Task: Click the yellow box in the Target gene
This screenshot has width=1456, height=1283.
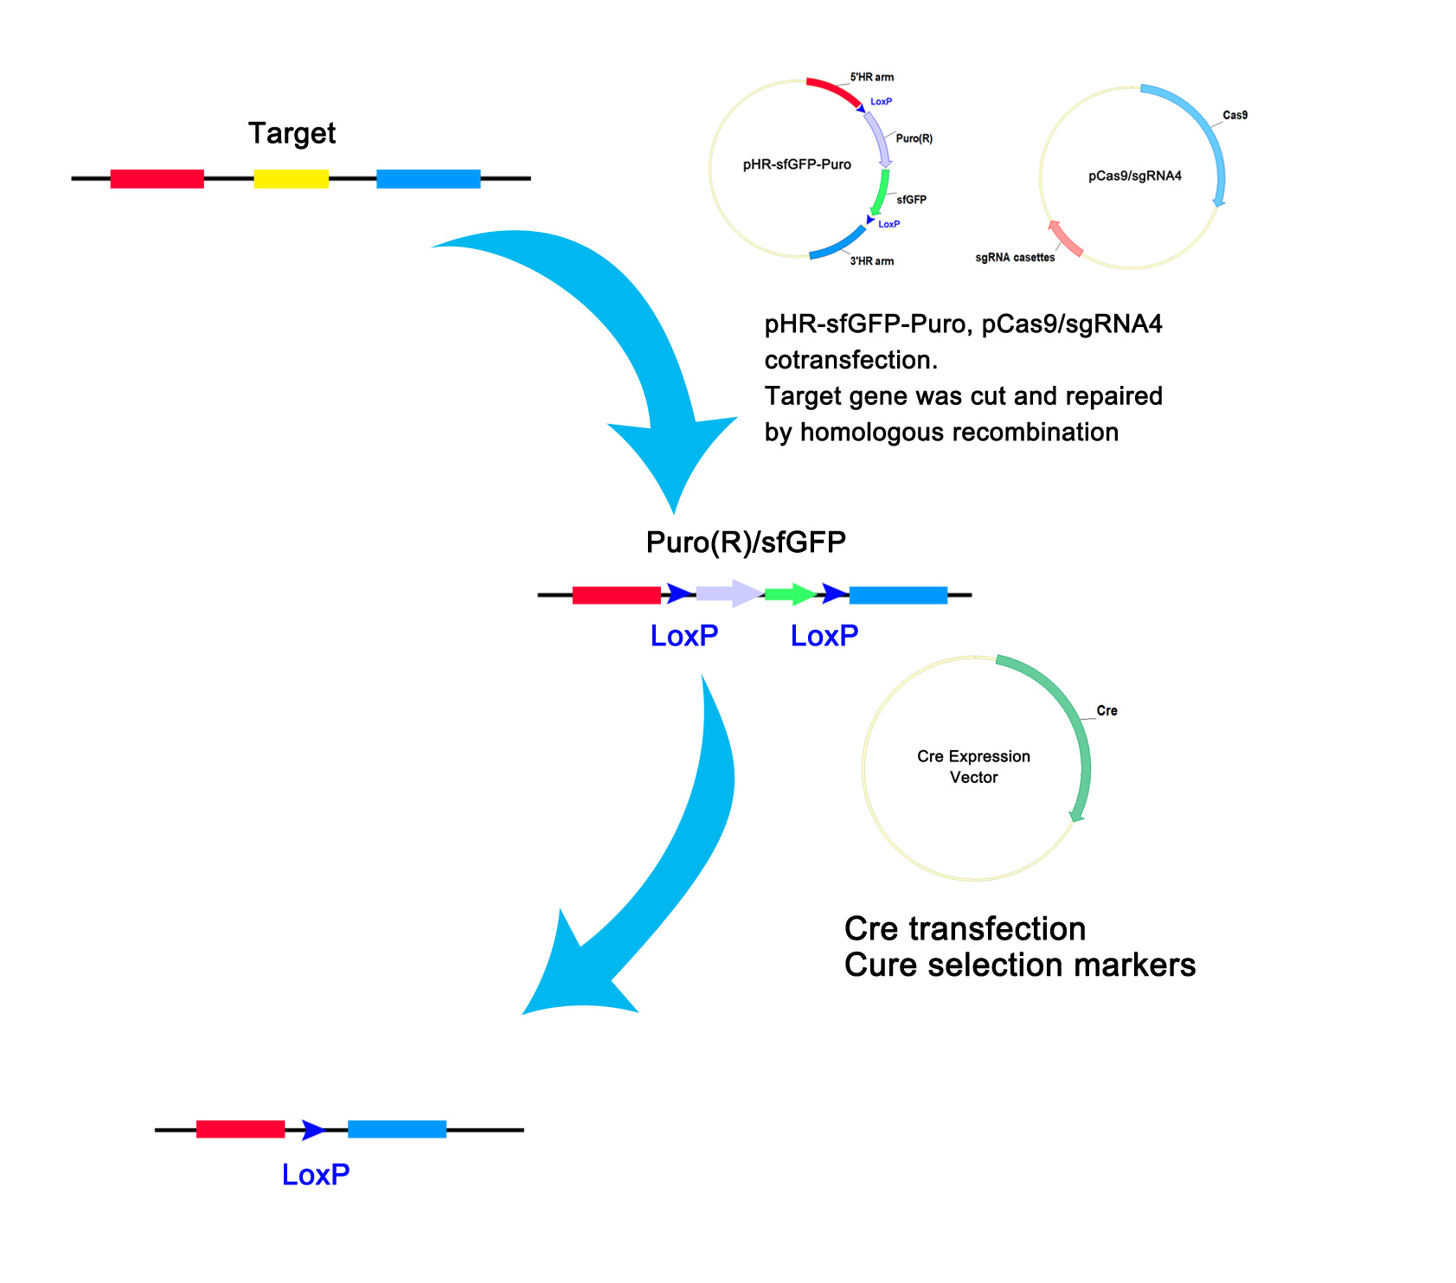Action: [x=291, y=178]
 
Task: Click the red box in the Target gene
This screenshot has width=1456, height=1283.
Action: [x=157, y=178]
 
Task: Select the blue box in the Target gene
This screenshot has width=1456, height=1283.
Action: [x=428, y=178]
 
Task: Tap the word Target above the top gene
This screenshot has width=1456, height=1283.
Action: [x=292, y=133]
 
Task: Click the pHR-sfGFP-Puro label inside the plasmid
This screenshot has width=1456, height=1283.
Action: [x=797, y=164]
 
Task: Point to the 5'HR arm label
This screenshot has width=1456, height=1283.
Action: [x=871, y=77]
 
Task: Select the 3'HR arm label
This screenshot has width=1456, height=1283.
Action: [x=871, y=261]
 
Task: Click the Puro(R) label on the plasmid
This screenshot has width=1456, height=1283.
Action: [x=914, y=138]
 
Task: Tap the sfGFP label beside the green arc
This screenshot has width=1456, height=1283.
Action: [x=911, y=200]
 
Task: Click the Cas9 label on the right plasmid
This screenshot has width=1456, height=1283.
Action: [x=1235, y=115]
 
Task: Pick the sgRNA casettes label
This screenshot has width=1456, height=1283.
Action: [x=1015, y=258]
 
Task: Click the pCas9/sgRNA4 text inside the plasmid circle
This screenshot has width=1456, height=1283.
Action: [x=1135, y=176]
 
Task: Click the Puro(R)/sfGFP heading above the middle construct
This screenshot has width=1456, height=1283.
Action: [x=746, y=542]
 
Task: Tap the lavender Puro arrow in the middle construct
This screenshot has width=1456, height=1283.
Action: [x=730, y=593]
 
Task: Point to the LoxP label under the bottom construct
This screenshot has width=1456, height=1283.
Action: [x=316, y=1175]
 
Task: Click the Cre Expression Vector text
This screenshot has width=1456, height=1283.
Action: [x=974, y=767]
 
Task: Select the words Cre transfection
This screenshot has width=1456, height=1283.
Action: [x=965, y=928]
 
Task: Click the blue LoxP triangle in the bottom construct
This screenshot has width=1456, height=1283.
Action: [x=314, y=1130]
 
